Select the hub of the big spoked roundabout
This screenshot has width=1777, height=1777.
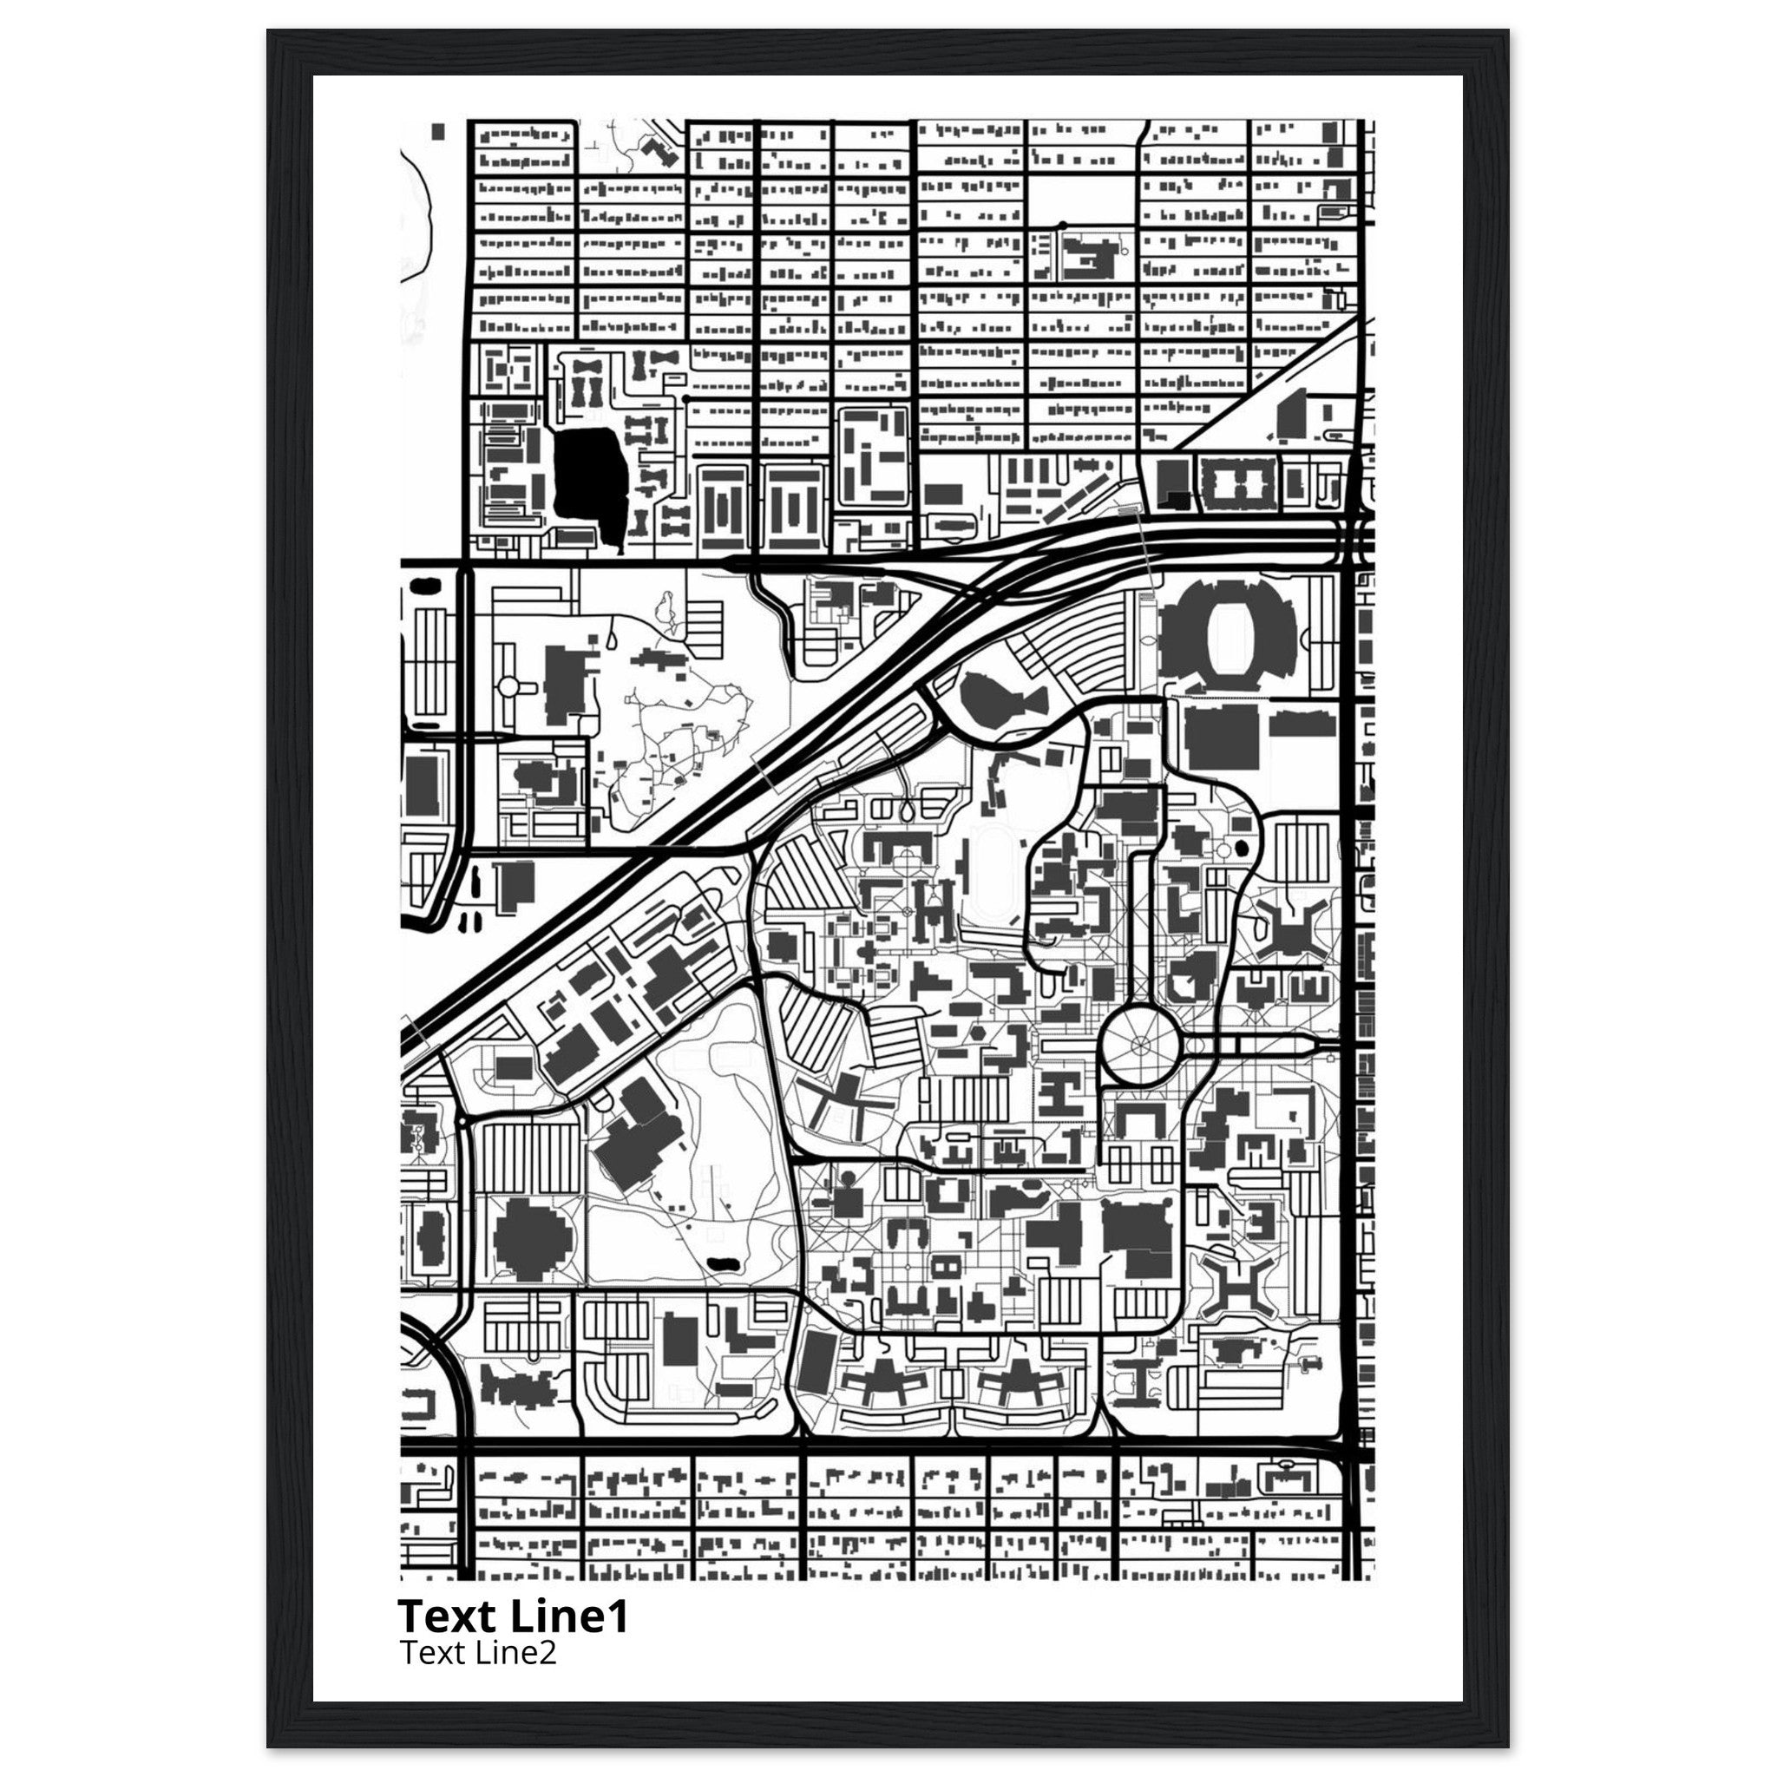point(1140,1043)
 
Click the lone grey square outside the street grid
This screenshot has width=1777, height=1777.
point(438,132)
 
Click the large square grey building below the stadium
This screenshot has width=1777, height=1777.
point(1221,736)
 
